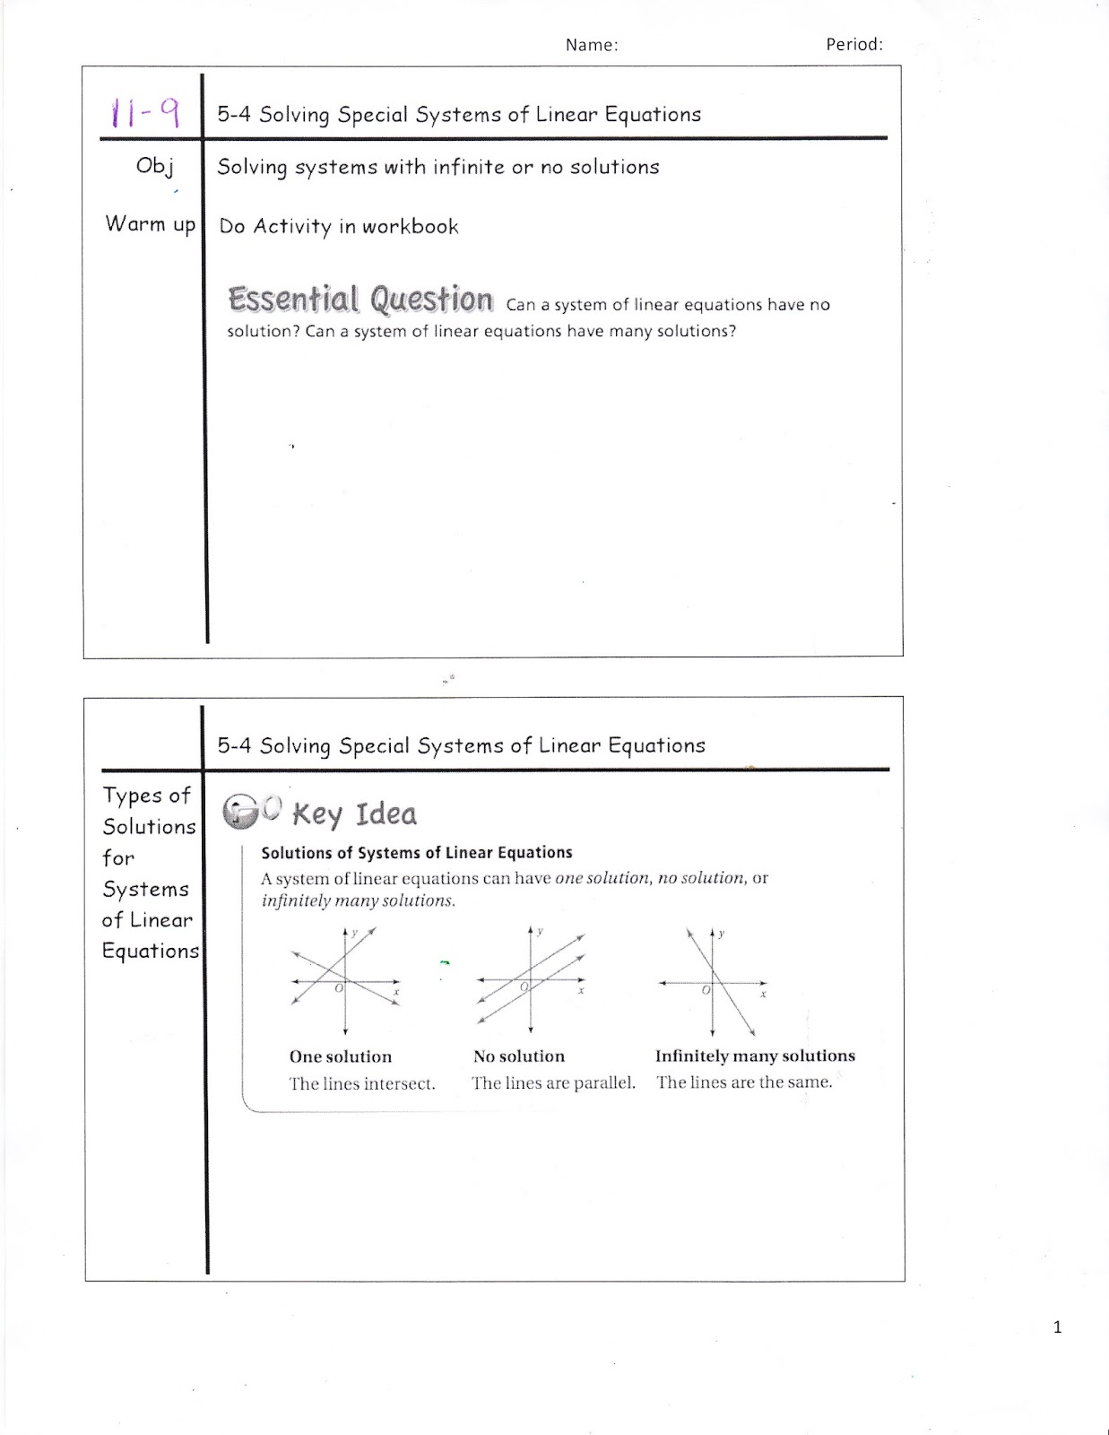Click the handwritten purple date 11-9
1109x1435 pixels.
click(x=144, y=113)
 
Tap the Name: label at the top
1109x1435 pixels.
click(x=592, y=45)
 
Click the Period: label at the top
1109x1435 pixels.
click(x=853, y=44)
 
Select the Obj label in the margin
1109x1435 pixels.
click(x=154, y=166)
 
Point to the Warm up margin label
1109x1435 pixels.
click(x=150, y=223)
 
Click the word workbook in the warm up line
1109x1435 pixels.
click(x=410, y=226)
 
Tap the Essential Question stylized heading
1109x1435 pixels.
click(x=360, y=300)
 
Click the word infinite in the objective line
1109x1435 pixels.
click(x=470, y=167)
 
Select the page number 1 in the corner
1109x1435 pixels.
click(x=1057, y=1327)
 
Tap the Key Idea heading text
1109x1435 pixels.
click(x=354, y=814)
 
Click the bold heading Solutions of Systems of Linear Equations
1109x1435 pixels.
click(x=416, y=853)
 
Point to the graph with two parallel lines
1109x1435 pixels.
click(x=531, y=980)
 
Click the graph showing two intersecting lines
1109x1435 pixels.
click(x=345, y=980)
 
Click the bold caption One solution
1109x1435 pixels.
click(x=341, y=1057)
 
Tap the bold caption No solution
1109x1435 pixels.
click(x=519, y=1057)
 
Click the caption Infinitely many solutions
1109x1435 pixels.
click(x=755, y=1056)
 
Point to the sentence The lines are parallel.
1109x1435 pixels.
click(x=553, y=1083)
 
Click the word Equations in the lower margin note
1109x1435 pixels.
click(x=151, y=951)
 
